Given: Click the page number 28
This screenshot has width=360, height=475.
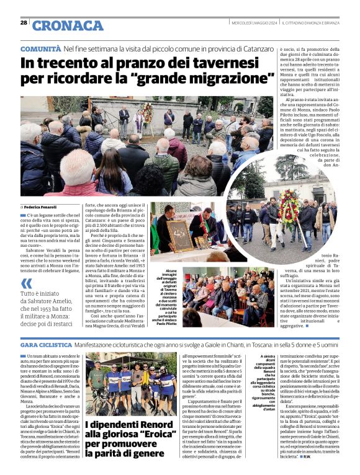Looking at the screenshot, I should coord(24,22).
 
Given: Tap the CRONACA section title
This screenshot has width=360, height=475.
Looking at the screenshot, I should coord(68,25).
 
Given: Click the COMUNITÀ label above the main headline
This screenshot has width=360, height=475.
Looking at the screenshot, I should coord(40,48).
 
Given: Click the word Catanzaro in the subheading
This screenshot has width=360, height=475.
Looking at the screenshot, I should coord(254,48).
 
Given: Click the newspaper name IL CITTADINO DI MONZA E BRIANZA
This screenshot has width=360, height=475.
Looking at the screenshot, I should coord(317,23).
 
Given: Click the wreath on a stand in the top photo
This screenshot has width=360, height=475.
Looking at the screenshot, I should coord(148,113).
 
